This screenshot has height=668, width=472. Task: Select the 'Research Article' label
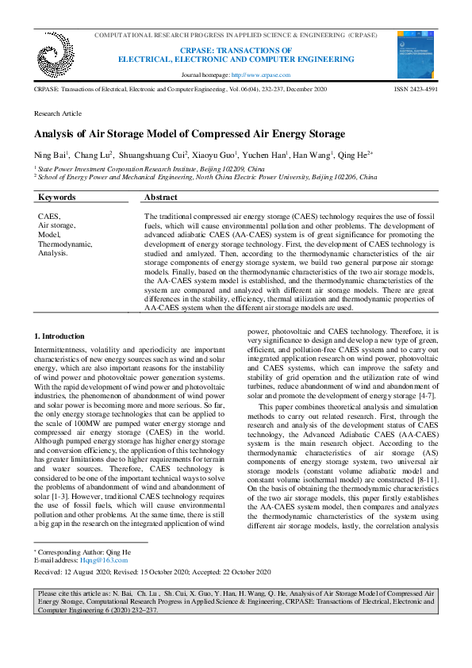pyautogui.click(x=57, y=114)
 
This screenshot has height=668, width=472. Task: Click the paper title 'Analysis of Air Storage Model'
pyautogui.click(x=190, y=133)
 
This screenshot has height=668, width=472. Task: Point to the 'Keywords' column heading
pyautogui.click(x=57, y=198)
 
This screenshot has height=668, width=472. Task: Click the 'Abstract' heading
pyautogui.click(x=161, y=198)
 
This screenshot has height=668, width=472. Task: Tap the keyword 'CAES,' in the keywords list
pyautogui.click(x=49, y=216)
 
